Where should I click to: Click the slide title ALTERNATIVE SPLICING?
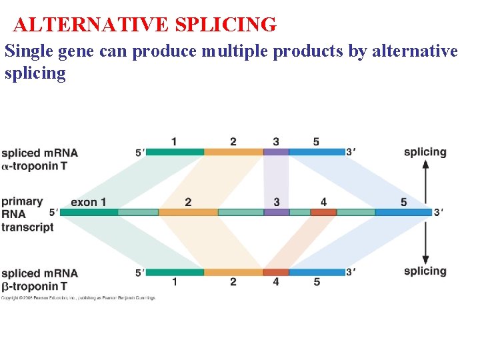[145, 25]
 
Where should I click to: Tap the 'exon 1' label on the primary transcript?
[88, 202]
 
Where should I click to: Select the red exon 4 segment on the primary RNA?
[323, 212]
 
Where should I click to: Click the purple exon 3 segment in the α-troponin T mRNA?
[276, 152]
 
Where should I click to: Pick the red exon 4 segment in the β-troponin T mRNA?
[276, 272]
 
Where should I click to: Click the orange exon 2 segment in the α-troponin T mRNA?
[233, 152]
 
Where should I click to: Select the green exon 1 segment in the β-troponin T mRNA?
[175, 272]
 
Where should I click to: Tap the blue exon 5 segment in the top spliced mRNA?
[317, 152]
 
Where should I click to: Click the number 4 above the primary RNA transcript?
[323, 201]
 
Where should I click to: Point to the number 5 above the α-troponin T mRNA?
[316, 141]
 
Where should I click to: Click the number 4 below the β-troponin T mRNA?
[276, 282]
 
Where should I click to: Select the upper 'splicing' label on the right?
[425, 152]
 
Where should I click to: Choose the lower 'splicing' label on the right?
[425, 271]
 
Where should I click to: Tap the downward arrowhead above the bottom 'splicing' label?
[425, 259]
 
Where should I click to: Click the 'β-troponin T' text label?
[34, 286]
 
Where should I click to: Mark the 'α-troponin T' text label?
[34, 165]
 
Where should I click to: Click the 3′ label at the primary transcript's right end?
[438, 212]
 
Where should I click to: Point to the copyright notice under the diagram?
[78, 298]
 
